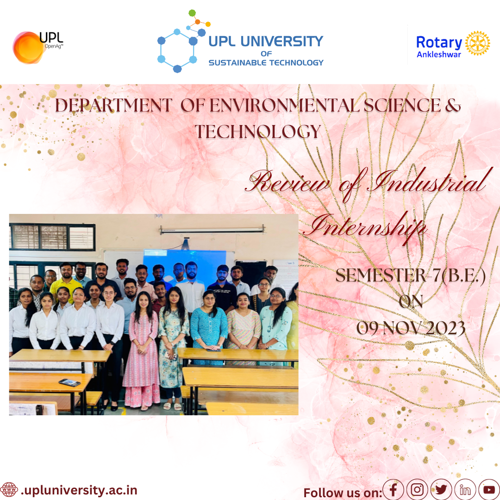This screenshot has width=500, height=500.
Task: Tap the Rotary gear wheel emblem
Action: coord(477,43)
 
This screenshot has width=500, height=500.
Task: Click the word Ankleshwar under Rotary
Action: coord(439,55)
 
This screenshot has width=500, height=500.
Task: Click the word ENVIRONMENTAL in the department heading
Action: coord(284,105)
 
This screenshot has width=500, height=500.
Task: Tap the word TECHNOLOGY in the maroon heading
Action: coord(258,131)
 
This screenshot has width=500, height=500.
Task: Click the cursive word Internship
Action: coord(365,227)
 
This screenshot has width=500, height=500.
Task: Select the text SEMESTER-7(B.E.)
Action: coord(410,275)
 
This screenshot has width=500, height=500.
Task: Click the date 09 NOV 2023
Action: coord(411,328)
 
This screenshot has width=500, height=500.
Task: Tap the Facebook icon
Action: coord(393,489)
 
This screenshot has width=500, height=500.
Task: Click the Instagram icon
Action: coord(417,489)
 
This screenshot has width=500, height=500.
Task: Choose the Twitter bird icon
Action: coord(441,489)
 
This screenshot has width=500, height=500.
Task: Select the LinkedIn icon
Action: coord(465,489)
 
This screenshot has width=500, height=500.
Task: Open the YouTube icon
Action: coord(489,489)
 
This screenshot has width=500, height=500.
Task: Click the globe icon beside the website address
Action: coord(9,489)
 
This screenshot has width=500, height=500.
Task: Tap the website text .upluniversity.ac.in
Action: coord(79,490)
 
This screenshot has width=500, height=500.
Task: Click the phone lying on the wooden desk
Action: coord(69,382)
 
